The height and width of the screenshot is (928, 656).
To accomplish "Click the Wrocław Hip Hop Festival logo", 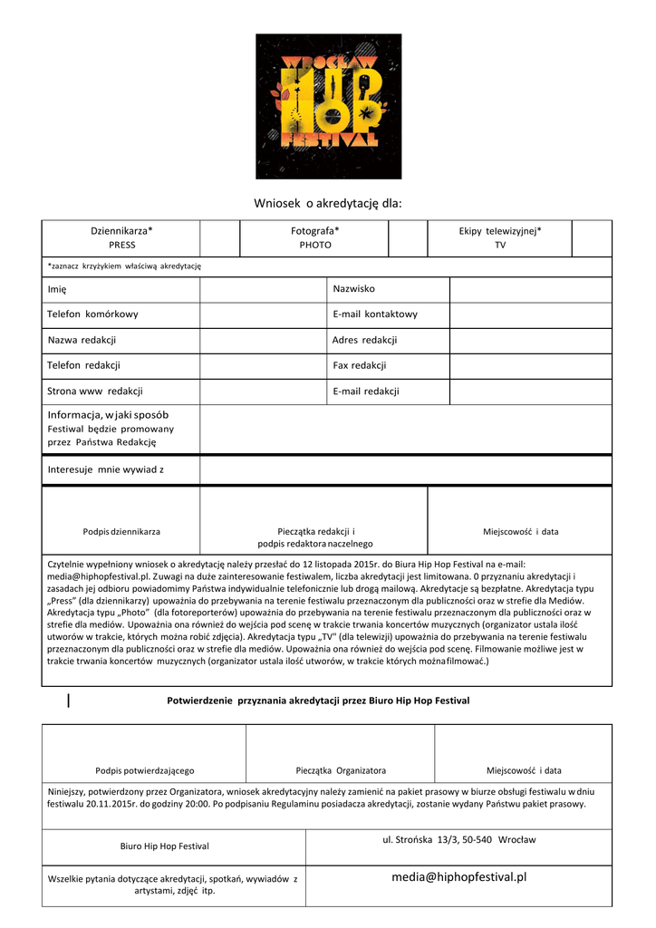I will (329, 106).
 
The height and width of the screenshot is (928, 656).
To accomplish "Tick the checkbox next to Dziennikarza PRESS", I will (219, 238).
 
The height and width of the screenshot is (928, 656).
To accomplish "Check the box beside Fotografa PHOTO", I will (407, 238).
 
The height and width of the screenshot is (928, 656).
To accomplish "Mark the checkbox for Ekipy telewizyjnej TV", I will (592, 238).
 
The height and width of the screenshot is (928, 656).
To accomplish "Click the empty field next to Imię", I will (263, 289).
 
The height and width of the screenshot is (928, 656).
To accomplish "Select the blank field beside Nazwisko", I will (530, 289).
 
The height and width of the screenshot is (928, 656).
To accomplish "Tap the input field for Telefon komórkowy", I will (263, 314).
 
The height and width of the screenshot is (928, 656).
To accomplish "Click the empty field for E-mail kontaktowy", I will (530, 314).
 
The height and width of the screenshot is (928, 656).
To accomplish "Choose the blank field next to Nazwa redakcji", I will (263, 340).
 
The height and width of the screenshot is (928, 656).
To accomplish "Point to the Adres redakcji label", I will (364, 340).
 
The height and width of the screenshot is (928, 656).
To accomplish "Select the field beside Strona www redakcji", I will (263, 391).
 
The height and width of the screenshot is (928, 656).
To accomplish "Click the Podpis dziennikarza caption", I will (121, 531).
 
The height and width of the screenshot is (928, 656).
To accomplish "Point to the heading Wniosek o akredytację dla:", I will (328, 204).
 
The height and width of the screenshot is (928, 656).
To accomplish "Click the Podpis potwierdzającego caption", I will (144, 770).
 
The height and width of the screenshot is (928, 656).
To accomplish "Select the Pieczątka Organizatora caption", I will (341, 770).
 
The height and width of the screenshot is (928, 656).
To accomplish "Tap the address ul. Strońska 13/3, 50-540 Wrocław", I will (458, 840).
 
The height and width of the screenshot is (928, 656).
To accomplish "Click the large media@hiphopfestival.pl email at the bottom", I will (458, 877).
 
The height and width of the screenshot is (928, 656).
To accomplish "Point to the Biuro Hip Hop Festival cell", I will (164, 846).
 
